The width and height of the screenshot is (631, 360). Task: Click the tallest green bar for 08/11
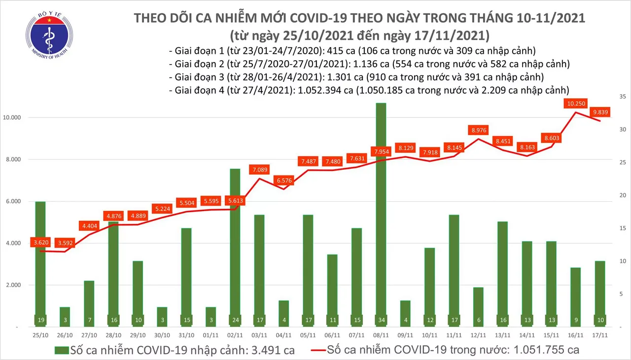381,207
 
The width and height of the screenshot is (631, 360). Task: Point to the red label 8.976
478,130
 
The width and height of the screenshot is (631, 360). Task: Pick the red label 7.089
260,170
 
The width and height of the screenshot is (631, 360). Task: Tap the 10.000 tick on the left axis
18,118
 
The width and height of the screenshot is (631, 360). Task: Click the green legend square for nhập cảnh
61,351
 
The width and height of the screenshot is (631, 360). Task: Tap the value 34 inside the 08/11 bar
381,320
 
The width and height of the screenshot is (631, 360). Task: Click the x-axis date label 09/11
406,335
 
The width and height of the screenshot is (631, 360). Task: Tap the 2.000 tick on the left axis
19,285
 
